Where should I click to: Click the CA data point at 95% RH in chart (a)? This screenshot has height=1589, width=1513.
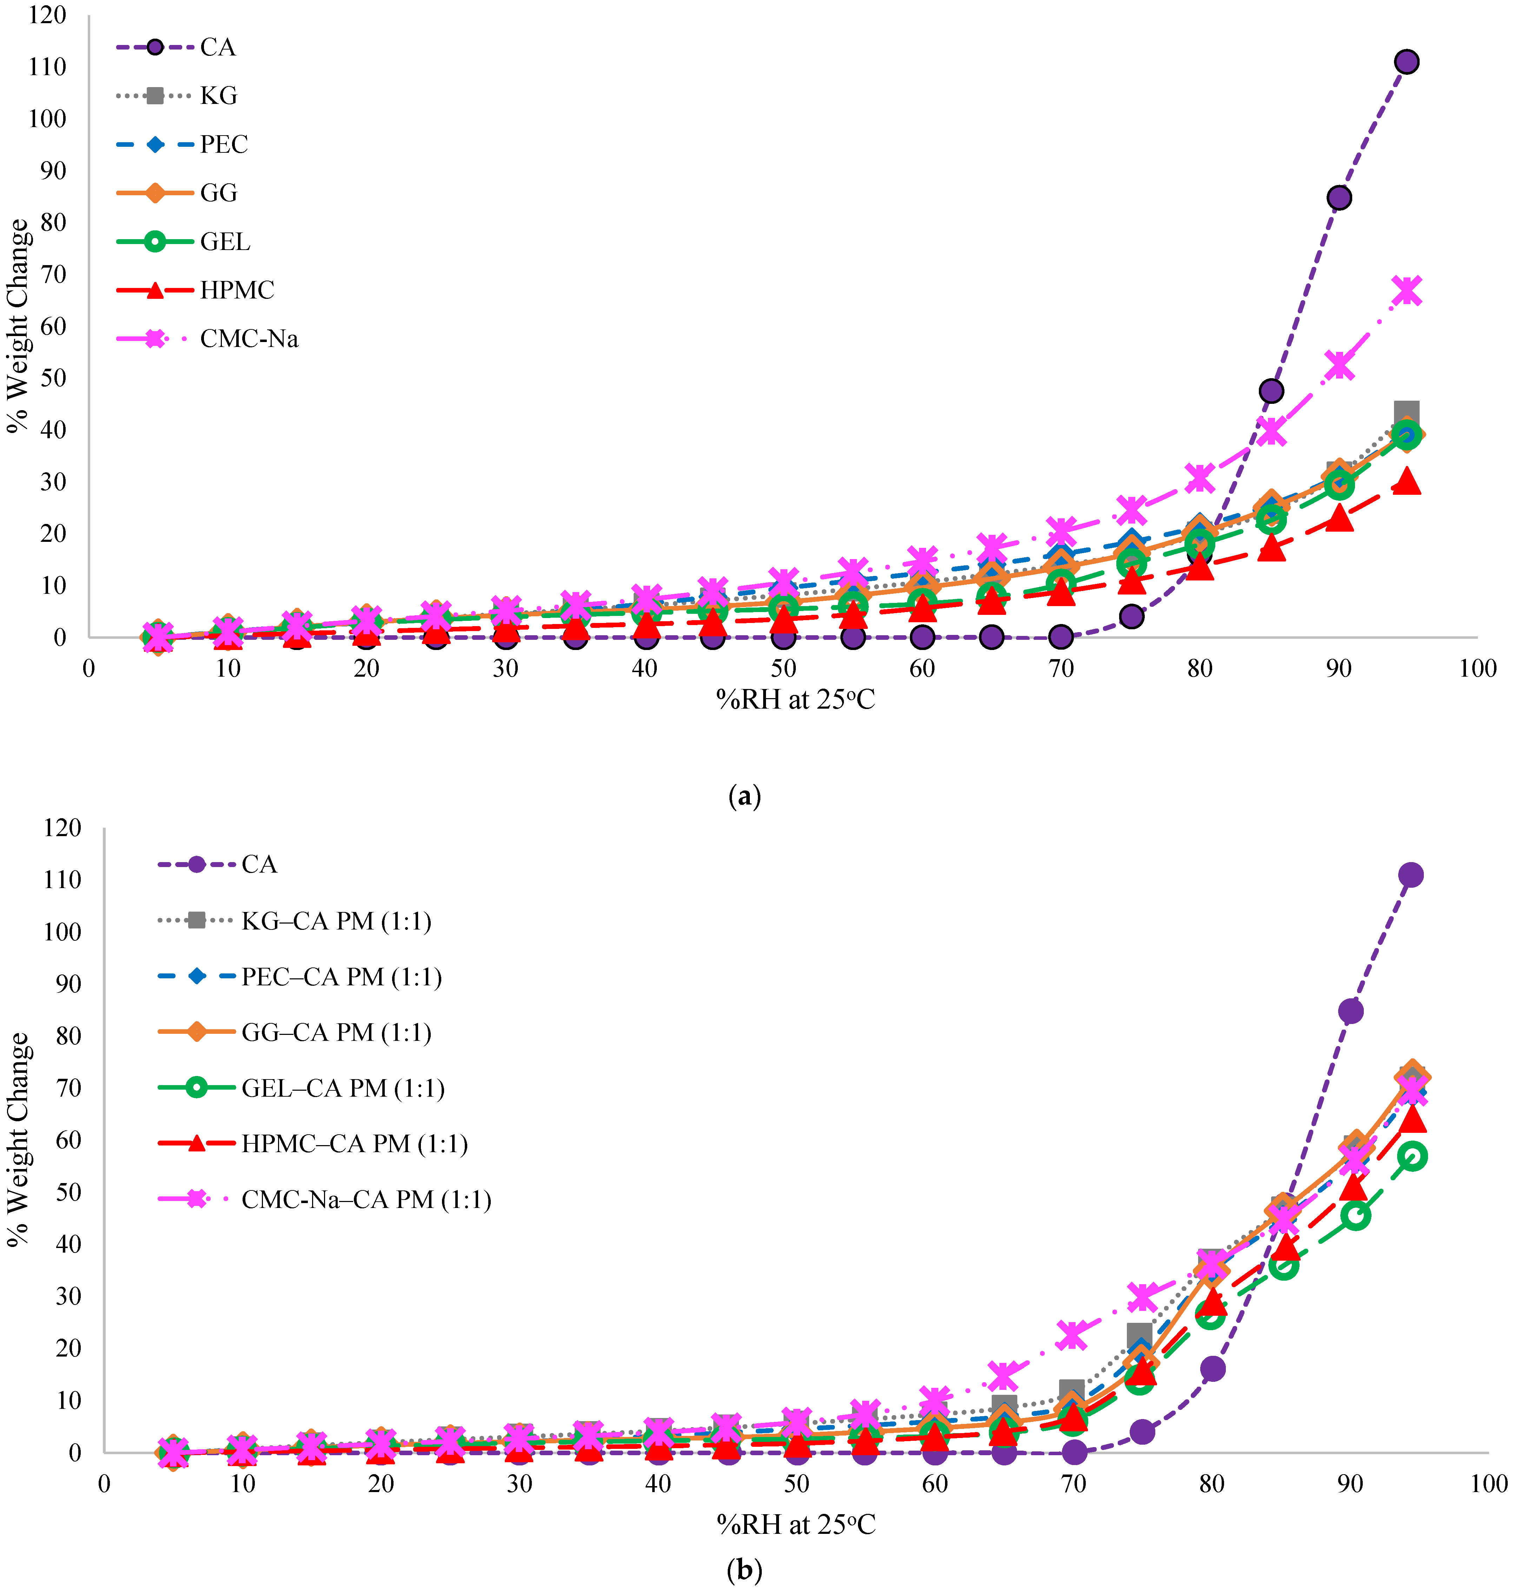point(1407,62)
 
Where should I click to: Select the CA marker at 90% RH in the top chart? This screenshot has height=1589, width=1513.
point(1339,198)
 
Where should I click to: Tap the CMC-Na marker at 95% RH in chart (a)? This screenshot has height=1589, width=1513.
point(1407,291)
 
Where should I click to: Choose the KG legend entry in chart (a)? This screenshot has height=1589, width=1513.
point(218,96)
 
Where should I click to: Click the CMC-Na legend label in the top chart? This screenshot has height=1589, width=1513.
point(249,339)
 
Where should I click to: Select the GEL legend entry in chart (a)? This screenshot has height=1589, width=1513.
point(225,242)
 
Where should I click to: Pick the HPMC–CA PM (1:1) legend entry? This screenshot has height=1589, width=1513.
point(354,1144)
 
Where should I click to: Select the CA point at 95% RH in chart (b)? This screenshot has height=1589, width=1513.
point(1410,875)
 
